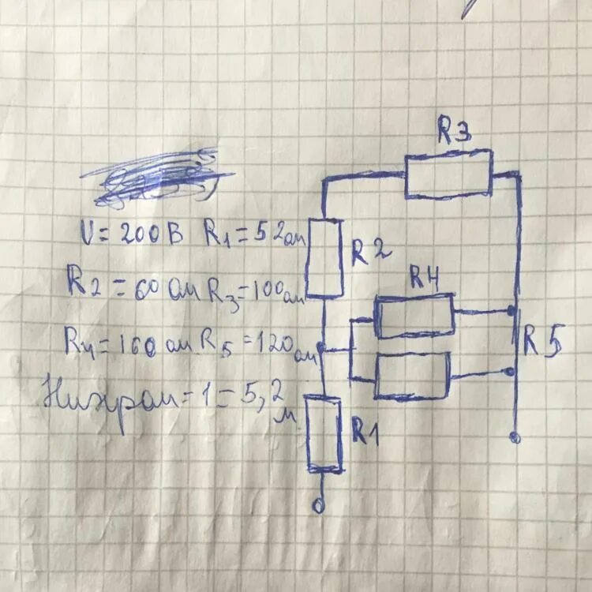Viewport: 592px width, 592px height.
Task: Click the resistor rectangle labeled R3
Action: point(448,175)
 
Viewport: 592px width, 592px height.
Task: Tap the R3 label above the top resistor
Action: point(455,133)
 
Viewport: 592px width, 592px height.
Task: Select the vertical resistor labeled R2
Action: point(324,257)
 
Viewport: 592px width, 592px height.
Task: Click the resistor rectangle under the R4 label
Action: point(414,316)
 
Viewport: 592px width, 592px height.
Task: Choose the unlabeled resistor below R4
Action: point(412,376)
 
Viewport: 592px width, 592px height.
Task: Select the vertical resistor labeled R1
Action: point(324,436)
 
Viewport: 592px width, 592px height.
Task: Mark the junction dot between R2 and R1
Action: point(321,348)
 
